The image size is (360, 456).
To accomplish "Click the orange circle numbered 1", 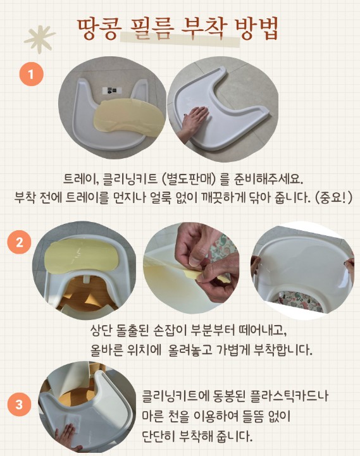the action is coord(32,74).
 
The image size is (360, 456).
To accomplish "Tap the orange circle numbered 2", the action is coord(19,242).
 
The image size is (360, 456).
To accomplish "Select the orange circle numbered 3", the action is coord(19,404).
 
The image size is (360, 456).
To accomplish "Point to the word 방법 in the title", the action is coord(256,28).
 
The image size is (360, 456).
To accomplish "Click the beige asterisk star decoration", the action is coord(39,39).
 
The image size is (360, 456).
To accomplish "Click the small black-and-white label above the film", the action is coord(111,90).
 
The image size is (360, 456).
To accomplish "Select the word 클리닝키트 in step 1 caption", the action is coord(130,178).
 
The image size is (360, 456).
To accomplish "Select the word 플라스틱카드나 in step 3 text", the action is coord(289,396).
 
